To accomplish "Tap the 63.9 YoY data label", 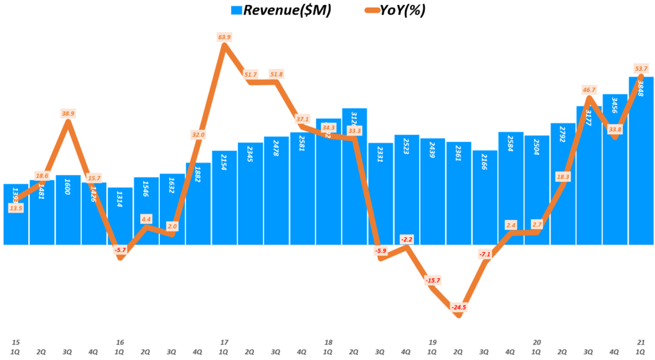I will pos(225,37).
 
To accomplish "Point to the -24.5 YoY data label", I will pos(459,308).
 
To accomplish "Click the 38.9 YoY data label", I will pos(68,113).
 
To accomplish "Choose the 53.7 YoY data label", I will pos(642,68).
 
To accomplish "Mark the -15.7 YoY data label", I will pos(433,281).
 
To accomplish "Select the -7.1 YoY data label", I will pos(485,254).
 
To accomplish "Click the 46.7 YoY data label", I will pos(589,90).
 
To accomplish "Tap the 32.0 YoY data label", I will pos(198,135).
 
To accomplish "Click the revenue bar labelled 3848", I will pos(641,166).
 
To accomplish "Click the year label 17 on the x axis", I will pos(225,343).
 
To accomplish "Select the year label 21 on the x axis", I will pos(642,343).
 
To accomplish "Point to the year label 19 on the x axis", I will pos(433,343).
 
